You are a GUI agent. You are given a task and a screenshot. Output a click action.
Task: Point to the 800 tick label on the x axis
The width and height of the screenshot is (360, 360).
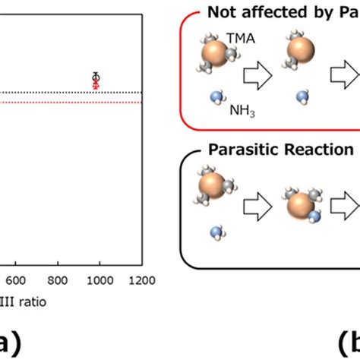coord(57,279)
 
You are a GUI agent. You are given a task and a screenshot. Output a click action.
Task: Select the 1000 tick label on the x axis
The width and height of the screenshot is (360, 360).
coord(99,279)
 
